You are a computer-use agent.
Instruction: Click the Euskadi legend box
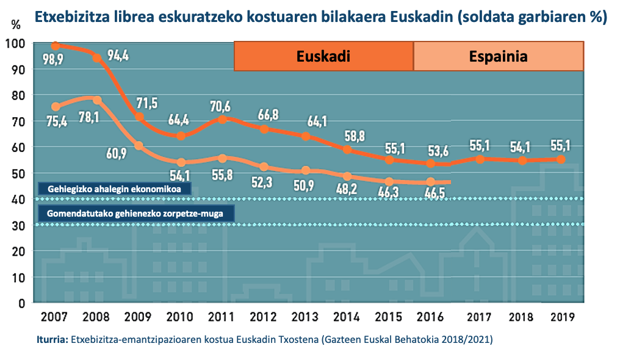323,56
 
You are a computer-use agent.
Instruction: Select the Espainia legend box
498,56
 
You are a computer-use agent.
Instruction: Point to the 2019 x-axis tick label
561,317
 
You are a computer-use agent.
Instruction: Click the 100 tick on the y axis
15,44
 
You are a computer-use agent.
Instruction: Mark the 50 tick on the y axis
18,173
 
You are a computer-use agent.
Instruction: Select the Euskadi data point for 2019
561,159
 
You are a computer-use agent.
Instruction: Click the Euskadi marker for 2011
223,120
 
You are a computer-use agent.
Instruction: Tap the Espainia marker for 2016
431,182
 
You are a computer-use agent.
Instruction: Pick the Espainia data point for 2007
56,107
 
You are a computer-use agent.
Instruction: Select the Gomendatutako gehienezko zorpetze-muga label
135,214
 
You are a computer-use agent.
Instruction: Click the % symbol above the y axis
16,25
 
